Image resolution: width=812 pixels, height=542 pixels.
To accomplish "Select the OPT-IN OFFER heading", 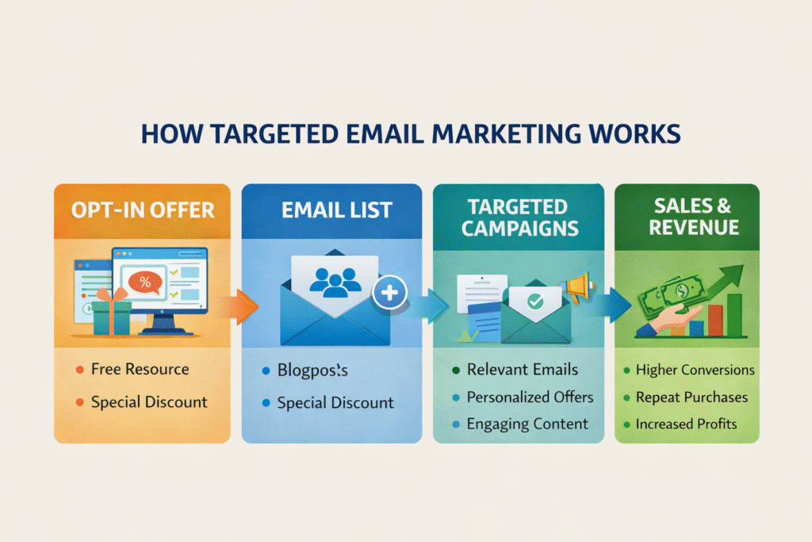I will tap(142, 210).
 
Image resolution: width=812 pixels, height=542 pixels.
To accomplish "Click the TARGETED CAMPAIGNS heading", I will tap(517, 217).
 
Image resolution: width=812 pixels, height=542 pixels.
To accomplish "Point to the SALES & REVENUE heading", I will tap(687, 217).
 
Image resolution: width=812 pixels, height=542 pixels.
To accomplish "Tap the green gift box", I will tap(111, 315).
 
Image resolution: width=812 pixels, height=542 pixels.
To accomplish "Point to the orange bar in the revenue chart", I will tap(715, 318).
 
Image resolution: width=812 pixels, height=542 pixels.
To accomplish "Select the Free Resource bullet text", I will tap(140, 369).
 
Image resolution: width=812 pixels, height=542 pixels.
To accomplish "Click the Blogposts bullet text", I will tap(312, 371).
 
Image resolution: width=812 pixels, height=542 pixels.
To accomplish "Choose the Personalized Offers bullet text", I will tap(530, 397).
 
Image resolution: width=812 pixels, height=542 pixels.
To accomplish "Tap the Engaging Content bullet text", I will tap(527, 424).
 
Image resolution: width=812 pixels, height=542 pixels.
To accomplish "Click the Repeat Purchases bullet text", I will tap(691, 397).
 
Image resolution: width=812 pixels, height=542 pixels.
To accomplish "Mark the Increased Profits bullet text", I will tap(686, 424).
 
